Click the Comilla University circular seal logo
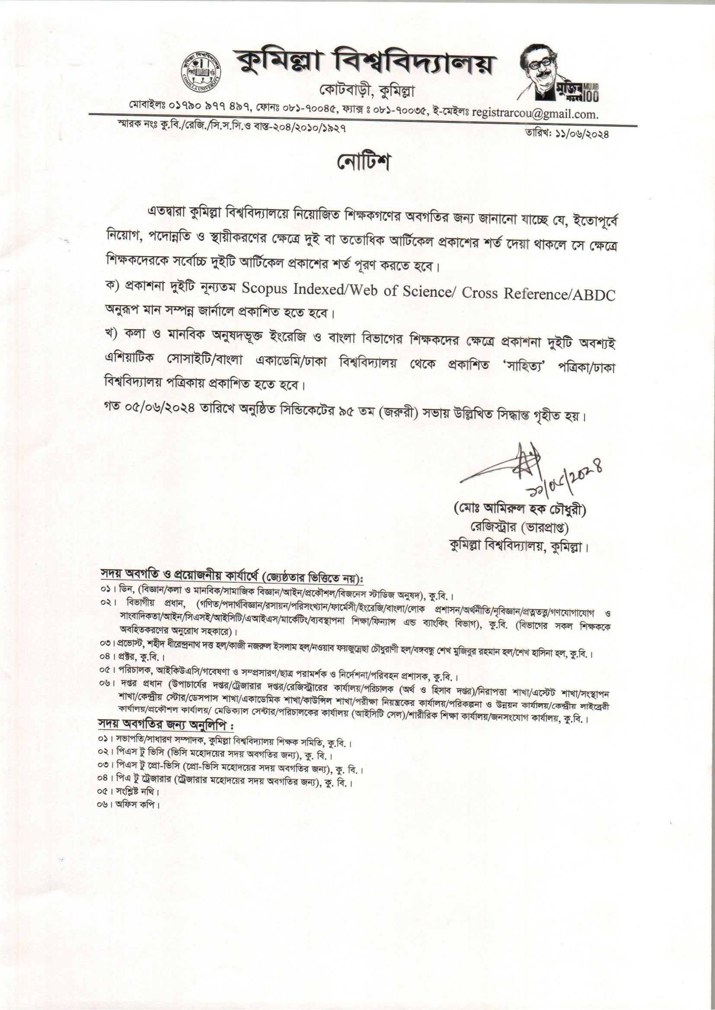(202, 72)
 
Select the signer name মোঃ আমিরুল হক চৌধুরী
(521, 510)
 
